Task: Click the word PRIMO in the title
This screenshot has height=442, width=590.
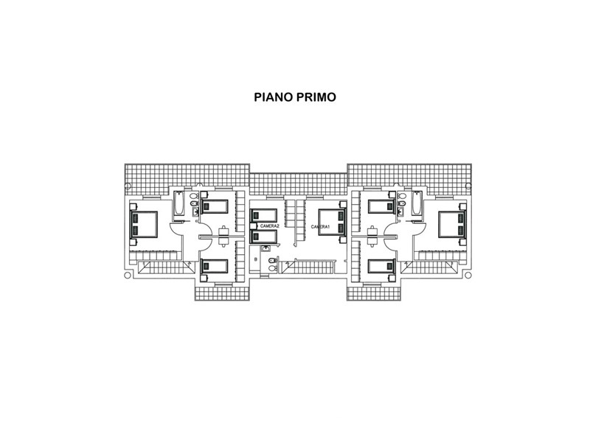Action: [316, 97]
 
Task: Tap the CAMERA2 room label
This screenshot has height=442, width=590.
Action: [270, 226]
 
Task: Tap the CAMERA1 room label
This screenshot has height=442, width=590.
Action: [320, 227]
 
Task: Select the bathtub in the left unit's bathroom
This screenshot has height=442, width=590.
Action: [179, 203]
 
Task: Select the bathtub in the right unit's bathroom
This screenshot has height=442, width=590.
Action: [417, 203]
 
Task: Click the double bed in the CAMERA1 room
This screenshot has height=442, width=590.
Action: [332, 222]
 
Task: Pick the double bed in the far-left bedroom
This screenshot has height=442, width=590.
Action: [143, 225]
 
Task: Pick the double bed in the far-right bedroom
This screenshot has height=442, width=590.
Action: [452, 225]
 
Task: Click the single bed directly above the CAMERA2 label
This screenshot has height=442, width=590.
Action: [264, 215]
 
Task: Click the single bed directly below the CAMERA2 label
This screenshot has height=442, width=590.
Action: [264, 236]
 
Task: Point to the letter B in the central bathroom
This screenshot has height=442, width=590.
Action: [256, 259]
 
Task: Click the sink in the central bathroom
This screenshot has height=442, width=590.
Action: [266, 248]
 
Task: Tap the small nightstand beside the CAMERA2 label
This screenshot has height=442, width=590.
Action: [253, 226]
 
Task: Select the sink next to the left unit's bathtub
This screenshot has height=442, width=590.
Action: [195, 212]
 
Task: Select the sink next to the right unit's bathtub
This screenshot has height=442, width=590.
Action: [400, 212]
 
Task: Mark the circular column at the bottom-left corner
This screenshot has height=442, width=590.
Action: [127, 276]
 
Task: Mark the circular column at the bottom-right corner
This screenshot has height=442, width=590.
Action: [468, 276]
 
